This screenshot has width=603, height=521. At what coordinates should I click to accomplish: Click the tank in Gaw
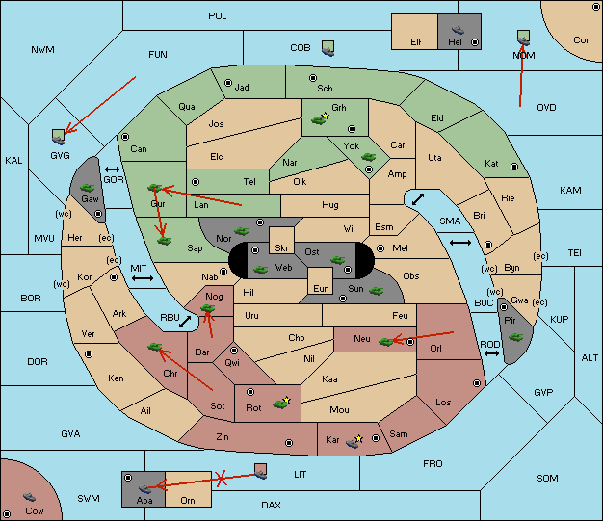[x=88, y=188]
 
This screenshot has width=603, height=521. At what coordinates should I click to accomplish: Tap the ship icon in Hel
[x=458, y=30]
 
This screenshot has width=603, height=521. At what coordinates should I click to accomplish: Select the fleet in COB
[x=328, y=48]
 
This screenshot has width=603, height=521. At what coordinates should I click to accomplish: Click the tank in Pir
[x=515, y=337]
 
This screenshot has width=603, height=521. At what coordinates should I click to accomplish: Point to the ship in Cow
[x=29, y=497]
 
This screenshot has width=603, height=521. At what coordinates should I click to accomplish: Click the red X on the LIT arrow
[x=221, y=479]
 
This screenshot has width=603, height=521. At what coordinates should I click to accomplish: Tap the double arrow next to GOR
[x=113, y=169]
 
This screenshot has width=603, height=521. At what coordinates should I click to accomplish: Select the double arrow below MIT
[x=143, y=278]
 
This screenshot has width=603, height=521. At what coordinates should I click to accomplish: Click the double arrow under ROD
[x=491, y=353]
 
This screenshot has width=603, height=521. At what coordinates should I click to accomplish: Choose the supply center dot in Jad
[x=228, y=83]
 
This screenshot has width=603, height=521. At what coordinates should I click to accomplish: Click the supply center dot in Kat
[x=514, y=167]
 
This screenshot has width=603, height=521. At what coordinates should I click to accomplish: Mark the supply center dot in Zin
[x=289, y=443]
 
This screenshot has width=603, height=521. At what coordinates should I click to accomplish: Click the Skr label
[x=281, y=248]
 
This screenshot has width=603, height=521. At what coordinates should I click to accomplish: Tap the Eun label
[x=321, y=288]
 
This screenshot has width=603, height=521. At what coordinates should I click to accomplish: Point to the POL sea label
[x=218, y=16]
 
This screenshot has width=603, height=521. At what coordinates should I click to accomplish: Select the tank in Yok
[x=368, y=157]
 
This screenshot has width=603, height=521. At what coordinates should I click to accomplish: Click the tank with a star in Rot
[x=281, y=404]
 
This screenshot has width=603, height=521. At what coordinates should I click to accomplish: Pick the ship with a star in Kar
[x=354, y=442]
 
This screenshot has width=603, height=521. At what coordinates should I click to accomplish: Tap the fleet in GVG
[x=59, y=137]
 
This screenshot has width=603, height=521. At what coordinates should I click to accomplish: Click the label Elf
[x=416, y=42]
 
